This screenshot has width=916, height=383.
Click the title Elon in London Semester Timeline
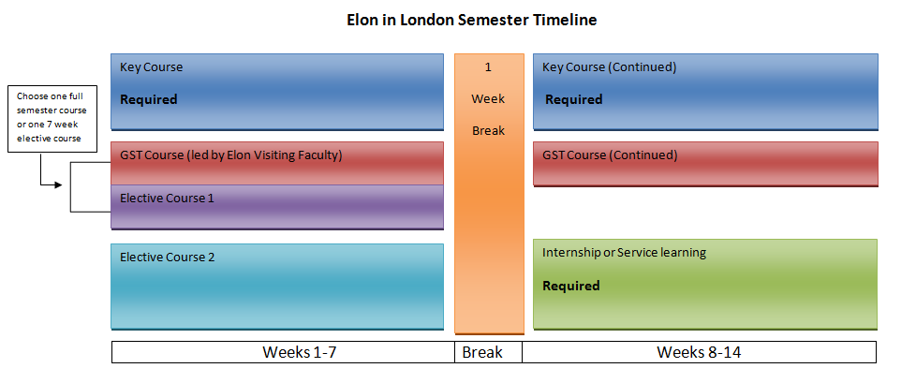(472, 20)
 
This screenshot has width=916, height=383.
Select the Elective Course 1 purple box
(277, 207)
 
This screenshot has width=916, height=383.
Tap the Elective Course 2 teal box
(277, 287)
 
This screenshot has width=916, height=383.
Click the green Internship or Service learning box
(705, 285)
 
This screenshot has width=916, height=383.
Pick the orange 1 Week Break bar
(490, 194)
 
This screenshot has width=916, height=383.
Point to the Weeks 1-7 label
(300, 352)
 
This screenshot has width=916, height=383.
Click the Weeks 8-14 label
(700, 352)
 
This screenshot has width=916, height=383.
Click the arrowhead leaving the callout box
(58, 185)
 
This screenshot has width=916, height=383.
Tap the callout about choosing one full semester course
(52, 119)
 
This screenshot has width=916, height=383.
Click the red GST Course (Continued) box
(705, 164)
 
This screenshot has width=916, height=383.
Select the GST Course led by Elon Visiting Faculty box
(277, 164)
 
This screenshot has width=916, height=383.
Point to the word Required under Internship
(571, 286)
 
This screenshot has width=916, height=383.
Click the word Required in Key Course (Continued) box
(573, 99)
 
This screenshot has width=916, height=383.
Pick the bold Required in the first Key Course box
(148, 99)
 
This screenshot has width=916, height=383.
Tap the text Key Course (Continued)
(610, 67)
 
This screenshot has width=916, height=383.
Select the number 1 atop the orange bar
(488, 67)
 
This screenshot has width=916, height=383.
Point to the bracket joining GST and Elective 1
(70, 186)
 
